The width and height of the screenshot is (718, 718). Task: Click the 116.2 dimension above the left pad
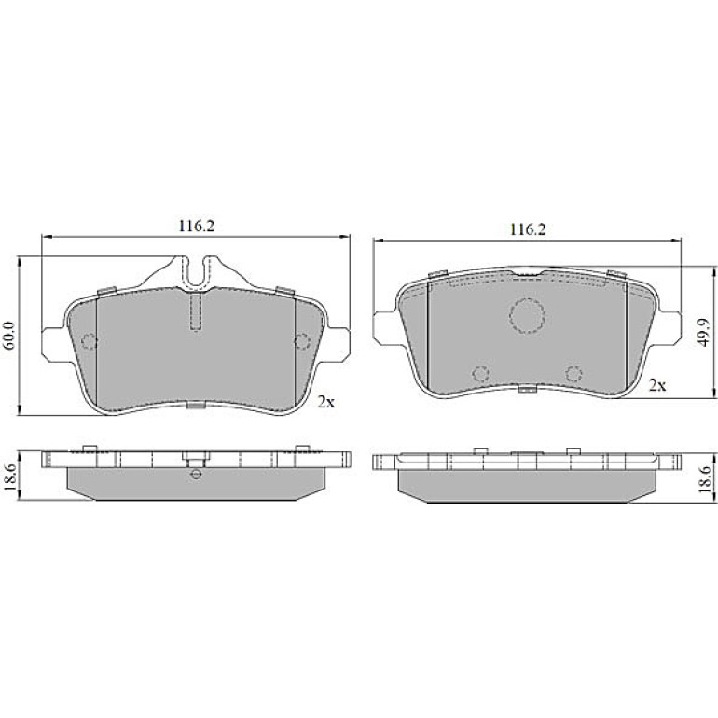pos(196,227)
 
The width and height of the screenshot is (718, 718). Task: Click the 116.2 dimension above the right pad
pos(528,229)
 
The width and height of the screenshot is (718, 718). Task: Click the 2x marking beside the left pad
pos(326,402)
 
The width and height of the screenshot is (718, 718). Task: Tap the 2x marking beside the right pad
pos(657,385)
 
